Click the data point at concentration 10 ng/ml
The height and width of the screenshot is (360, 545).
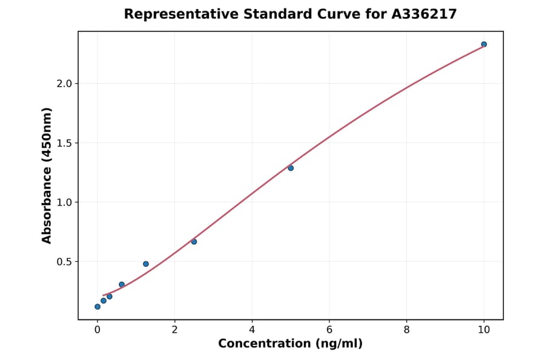tap(484, 44)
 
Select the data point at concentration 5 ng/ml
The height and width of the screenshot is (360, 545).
tap(291, 168)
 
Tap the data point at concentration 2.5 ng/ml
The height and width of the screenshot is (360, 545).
tap(194, 242)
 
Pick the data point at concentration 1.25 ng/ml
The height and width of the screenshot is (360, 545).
tap(146, 264)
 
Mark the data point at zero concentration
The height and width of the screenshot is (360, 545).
tap(97, 307)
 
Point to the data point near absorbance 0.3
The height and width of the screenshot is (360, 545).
tap(122, 284)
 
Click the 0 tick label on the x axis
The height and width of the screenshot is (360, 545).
tap(97, 330)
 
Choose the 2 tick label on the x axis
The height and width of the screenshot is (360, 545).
tap(174, 330)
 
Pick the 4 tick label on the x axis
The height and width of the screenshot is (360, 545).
tap(252, 330)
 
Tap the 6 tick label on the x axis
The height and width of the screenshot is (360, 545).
tap(329, 330)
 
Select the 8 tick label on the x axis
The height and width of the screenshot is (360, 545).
tap(406, 330)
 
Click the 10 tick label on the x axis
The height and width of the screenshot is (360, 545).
tap(484, 330)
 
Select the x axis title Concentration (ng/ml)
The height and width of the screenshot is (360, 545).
tap(290, 344)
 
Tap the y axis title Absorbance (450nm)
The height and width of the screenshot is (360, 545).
tap(47, 175)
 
